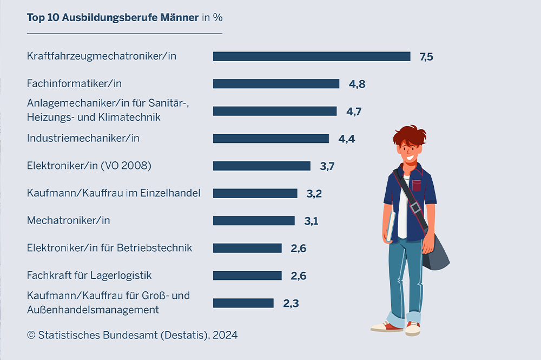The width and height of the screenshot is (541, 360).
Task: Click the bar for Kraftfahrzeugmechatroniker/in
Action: tap(312, 56)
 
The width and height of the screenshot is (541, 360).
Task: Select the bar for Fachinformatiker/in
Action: tap(276, 84)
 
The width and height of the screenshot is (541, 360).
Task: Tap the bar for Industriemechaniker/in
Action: tap(270, 139)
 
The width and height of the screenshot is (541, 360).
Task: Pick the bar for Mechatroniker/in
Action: tap(254, 221)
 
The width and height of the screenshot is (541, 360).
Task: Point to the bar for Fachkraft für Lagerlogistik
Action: tap(247, 276)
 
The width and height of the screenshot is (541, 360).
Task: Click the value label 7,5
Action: tap(426, 57)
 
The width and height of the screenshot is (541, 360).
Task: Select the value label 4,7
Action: tap(354, 112)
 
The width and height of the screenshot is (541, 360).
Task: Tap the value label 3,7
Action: tap(327, 166)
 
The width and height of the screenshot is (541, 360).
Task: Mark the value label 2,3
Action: tap(291, 303)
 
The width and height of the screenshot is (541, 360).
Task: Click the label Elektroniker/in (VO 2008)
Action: tap(89, 166)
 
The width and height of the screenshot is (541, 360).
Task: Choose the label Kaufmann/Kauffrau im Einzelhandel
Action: tap(114, 193)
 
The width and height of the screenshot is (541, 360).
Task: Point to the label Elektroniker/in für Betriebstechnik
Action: tap(109, 248)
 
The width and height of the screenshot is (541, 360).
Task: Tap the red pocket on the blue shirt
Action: tap(416, 185)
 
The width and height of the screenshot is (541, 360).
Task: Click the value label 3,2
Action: tap(314, 193)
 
